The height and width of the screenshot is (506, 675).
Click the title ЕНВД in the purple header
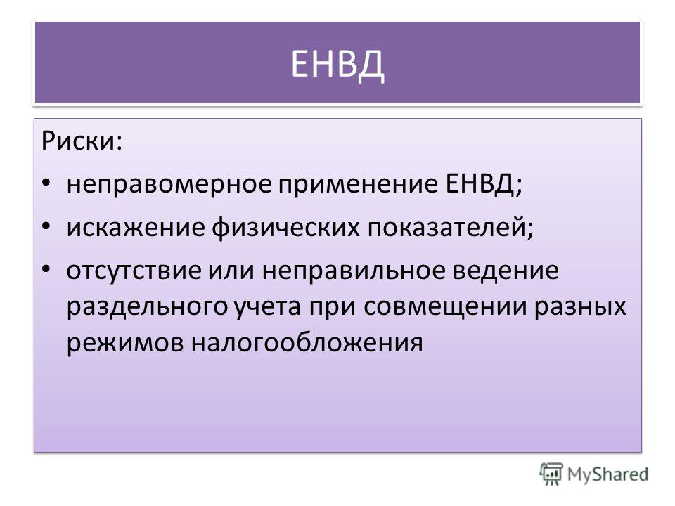(337, 65)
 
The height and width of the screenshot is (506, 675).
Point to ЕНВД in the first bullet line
(480, 185)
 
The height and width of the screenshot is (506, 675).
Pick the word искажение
(136, 228)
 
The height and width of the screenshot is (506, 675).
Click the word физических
(285, 228)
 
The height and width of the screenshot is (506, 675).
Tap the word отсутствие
(134, 271)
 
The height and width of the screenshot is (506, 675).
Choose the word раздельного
(147, 307)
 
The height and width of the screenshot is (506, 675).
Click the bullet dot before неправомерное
(46, 183)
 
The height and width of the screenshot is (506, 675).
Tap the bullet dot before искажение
(46, 226)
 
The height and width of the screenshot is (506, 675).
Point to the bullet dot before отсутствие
(46, 269)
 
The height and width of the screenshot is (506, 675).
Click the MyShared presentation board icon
(551, 474)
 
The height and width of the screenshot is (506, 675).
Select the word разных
(580, 307)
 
